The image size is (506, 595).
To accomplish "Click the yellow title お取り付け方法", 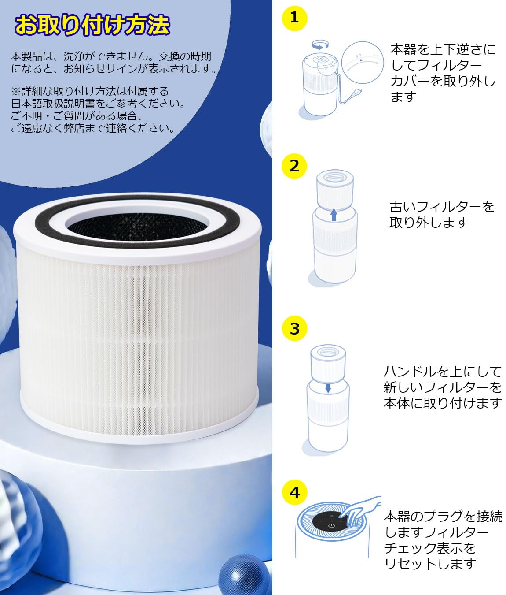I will [92, 25].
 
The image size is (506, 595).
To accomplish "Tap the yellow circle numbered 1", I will [294, 18].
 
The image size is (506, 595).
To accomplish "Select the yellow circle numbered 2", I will [294, 166].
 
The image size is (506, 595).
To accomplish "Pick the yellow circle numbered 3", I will [294, 328].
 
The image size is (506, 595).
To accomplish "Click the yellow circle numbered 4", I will [294, 492].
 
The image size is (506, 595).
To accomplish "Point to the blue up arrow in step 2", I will [334, 215].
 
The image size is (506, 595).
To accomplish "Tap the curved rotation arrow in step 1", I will [320, 44].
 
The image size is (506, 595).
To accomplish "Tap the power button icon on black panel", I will [331, 526].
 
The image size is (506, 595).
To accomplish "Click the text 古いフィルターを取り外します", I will [441, 214].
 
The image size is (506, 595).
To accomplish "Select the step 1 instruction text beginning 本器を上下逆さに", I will [443, 73].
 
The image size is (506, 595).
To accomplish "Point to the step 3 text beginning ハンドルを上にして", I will [442, 387].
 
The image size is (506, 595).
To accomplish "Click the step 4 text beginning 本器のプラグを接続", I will [443, 540].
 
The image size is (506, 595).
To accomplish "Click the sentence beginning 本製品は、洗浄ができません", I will [114, 62].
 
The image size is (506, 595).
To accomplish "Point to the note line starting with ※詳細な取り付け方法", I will [90, 91].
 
